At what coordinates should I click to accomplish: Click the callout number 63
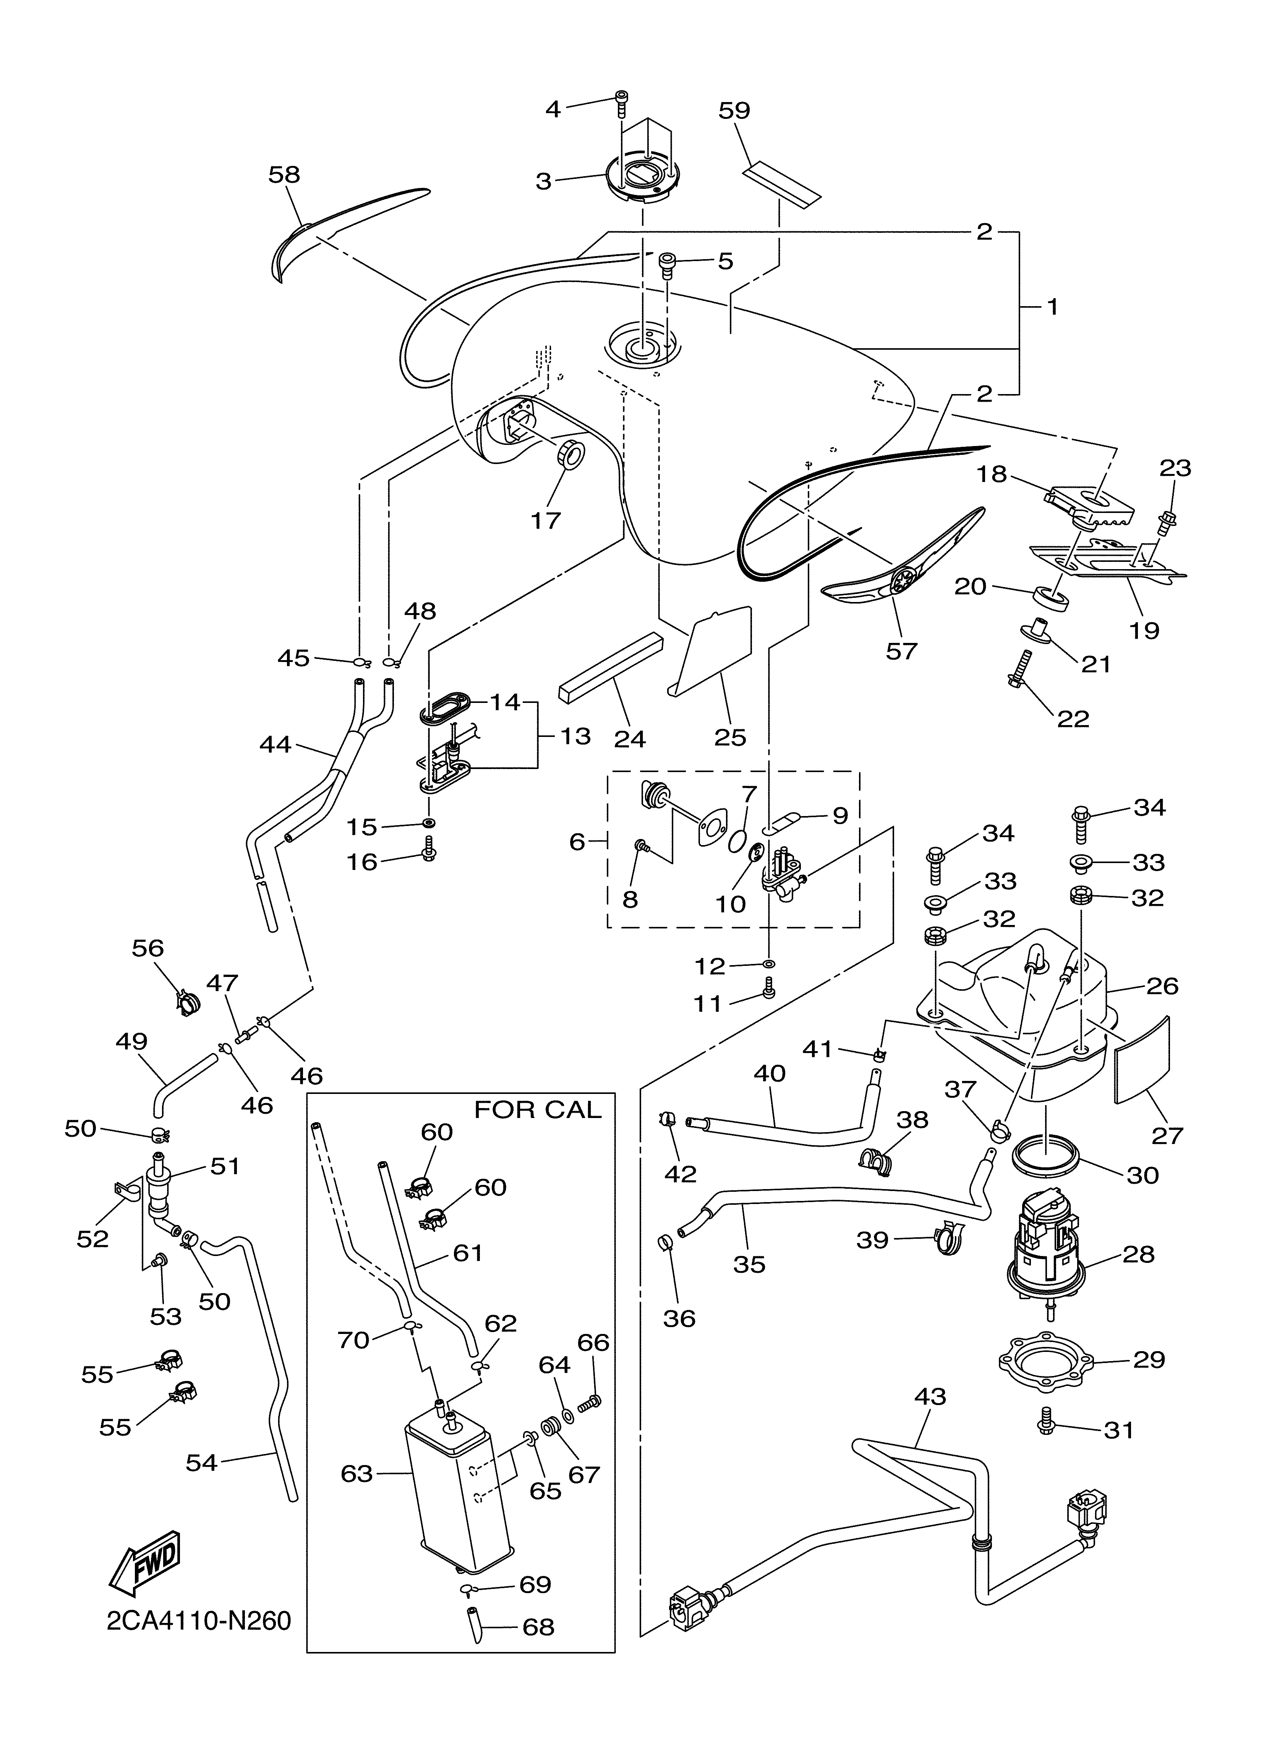pos(357,1473)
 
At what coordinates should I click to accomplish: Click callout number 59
pos(734,110)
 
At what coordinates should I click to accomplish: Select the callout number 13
pos(575,736)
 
